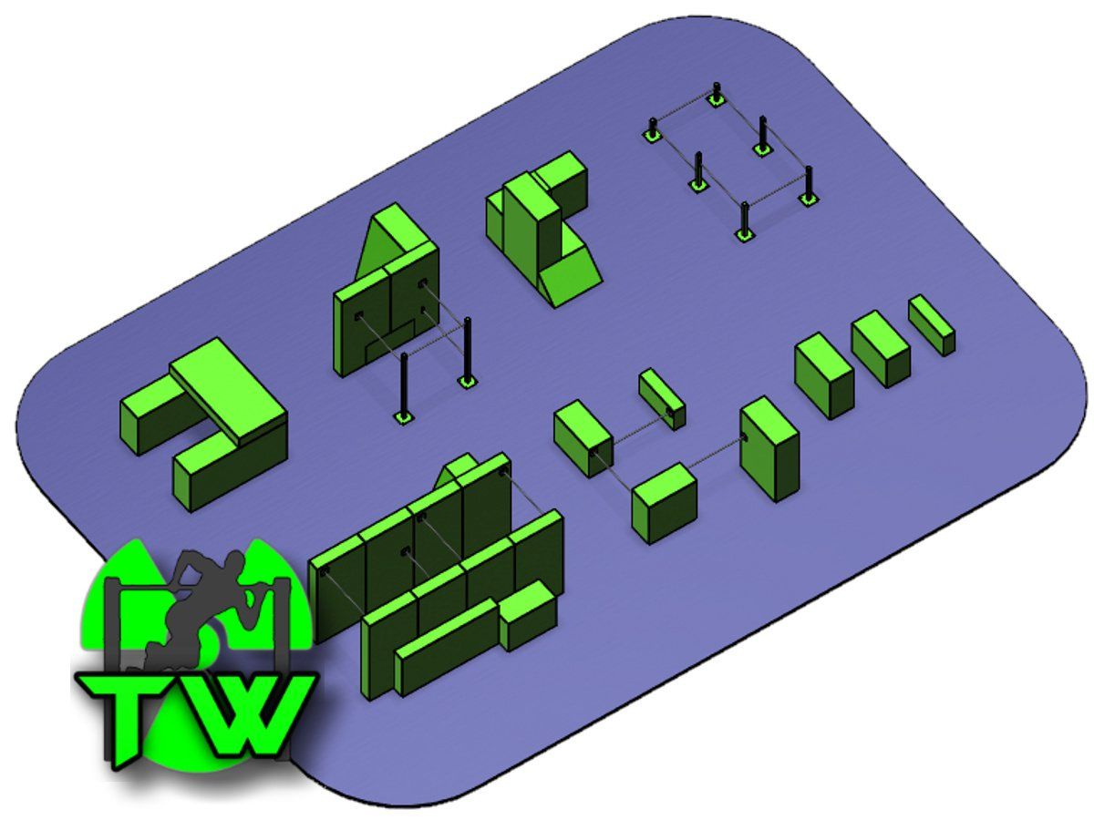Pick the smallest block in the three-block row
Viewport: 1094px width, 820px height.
pyautogui.click(x=932, y=324)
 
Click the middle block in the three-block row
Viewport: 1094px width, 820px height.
pyautogui.click(x=880, y=348)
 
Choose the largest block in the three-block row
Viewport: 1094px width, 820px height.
pyautogui.click(x=824, y=374)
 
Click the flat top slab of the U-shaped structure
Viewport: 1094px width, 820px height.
pyautogui.click(x=226, y=387)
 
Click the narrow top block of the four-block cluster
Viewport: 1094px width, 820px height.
pyautogui.click(x=662, y=398)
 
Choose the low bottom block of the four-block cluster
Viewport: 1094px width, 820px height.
pyautogui.click(x=664, y=504)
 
